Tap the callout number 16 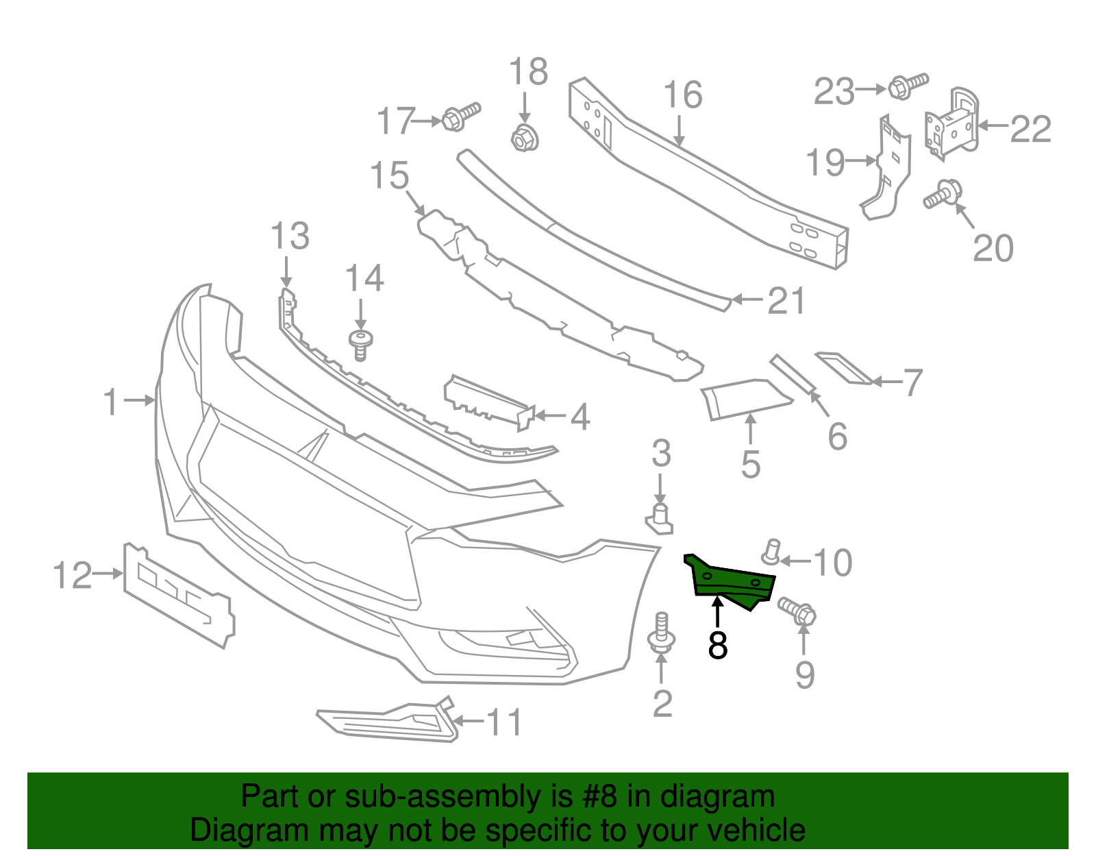point(683,95)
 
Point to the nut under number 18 point(525,138)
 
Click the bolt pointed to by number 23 point(907,86)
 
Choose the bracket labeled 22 point(952,125)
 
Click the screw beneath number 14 point(360,344)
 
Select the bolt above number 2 point(662,634)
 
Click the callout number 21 point(786,301)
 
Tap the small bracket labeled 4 point(488,400)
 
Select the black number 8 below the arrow point(717,645)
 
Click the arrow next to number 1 point(142,400)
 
